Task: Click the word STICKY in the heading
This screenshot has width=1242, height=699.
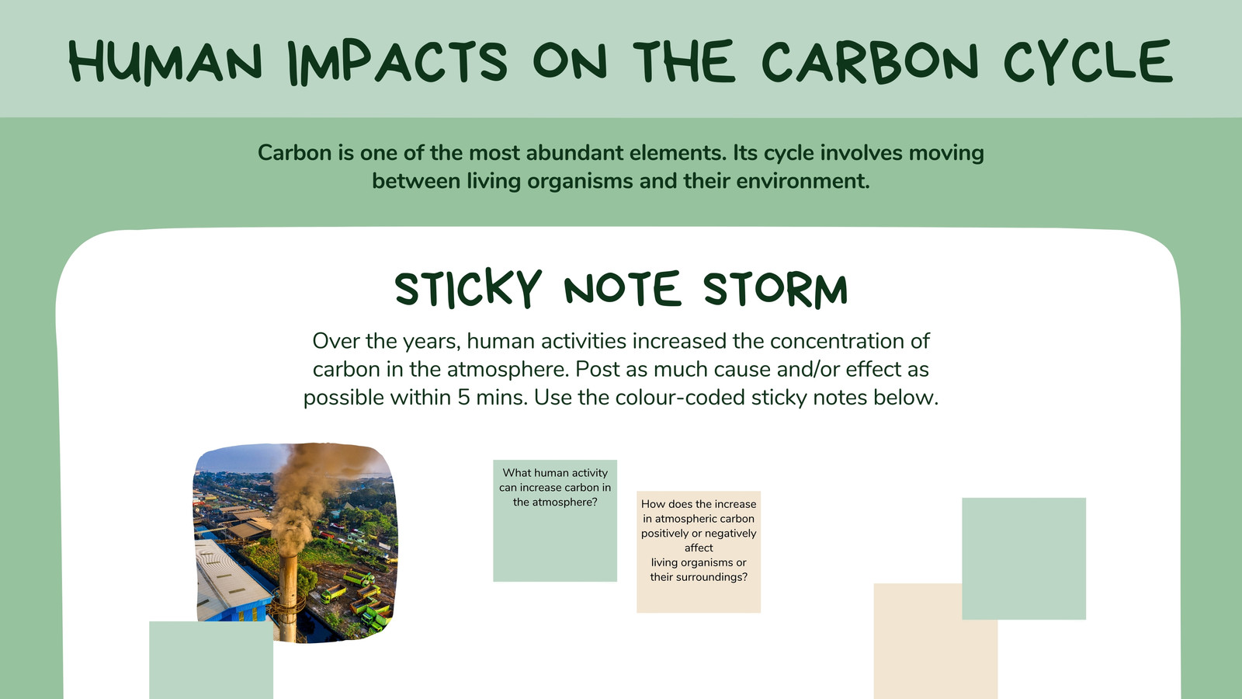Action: coord(468,288)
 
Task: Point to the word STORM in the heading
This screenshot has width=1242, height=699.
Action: coord(775,289)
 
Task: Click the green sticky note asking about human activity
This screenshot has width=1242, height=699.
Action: coord(555,520)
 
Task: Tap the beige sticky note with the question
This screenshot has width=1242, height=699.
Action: coord(699,551)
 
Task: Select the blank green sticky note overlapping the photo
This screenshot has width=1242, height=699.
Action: coord(211,660)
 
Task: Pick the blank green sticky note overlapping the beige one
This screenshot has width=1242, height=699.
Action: coord(1024,558)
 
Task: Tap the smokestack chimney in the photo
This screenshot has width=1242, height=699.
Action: coord(288,596)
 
